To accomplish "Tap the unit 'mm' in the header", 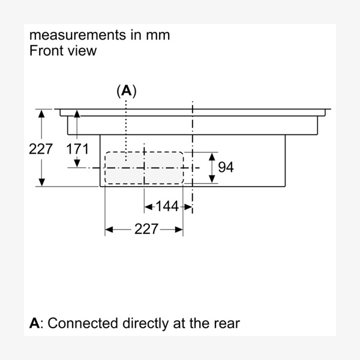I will pyautogui.click(x=157, y=35).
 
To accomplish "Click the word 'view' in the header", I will pyautogui.click(x=82, y=50).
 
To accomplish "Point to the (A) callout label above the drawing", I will pyautogui.click(x=126, y=91).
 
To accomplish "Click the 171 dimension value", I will pyautogui.click(x=77, y=149).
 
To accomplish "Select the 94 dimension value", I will pyautogui.click(x=226, y=167).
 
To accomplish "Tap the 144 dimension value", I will pyautogui.click(x=167, y=206).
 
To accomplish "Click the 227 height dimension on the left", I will pyautogui.click(x=41, y=149).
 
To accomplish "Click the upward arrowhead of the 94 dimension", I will pyautogui.click(x=211, y=155).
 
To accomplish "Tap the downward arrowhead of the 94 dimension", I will pyautogui.click(x=211, y=179).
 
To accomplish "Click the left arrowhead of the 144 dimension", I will pyautogui.click(x=148, y=206).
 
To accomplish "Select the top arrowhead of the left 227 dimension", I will pyautogui.click(x=41, y=113).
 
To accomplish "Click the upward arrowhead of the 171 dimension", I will pyautogui.click(x=77, y=113).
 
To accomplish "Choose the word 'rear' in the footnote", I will pyautogui.click(x=226, y=323).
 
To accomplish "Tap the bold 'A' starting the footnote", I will pyautogui.click(x=35, y=323).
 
